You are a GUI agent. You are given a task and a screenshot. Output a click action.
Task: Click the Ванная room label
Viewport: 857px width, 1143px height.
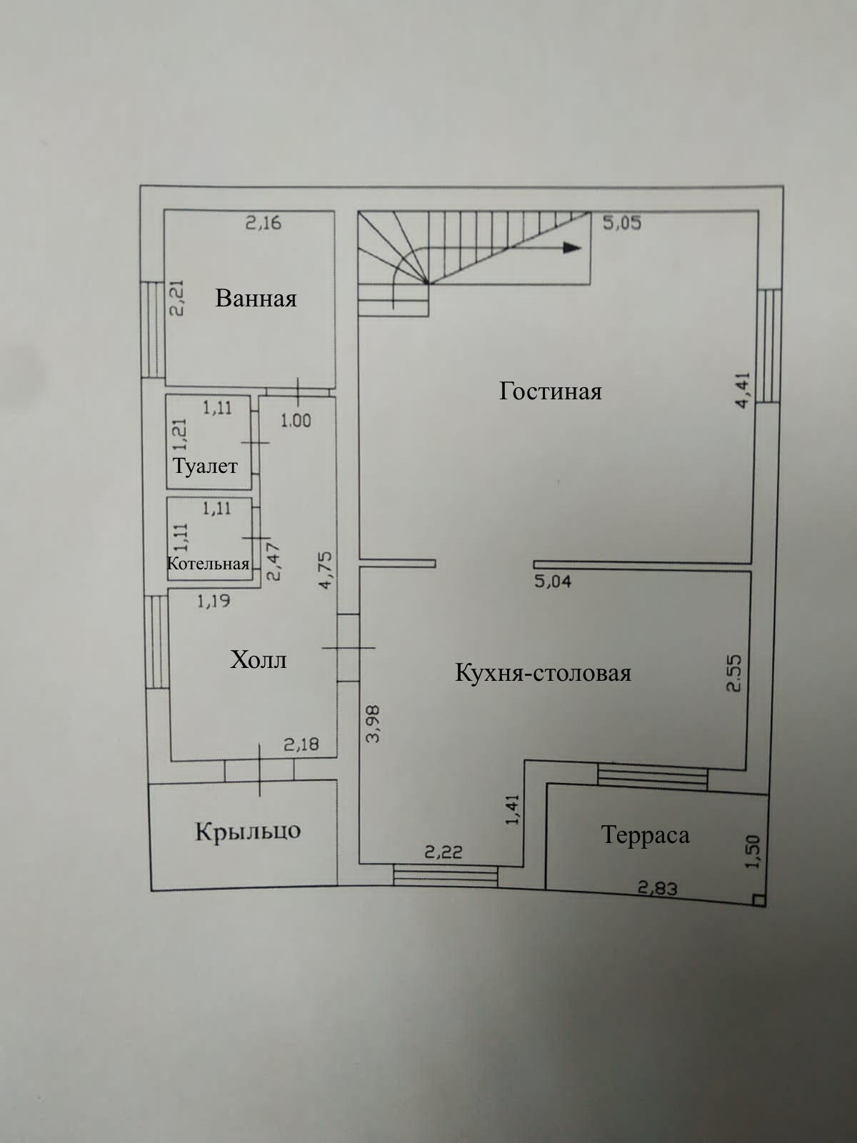[x=256, y=298]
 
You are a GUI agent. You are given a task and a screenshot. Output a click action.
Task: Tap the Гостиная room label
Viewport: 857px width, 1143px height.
[x=550, y=391]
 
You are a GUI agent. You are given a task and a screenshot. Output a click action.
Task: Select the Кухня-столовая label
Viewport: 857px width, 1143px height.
[x=543, y=673]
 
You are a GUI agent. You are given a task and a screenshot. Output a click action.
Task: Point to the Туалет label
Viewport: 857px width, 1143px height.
[x=205, y=466]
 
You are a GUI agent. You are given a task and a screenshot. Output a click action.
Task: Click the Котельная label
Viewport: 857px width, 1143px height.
[x=208, y=563]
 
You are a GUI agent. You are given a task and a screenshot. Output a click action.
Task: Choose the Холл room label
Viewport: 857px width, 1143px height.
[x=258, y=659]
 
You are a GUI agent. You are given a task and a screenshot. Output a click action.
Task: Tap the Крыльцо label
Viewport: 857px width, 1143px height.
[x=248, y=831]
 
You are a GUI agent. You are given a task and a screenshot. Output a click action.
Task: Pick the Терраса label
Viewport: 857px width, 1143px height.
[x=645, y=834]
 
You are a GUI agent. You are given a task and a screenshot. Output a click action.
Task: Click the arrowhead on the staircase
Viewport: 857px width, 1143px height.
[x=571, y=247]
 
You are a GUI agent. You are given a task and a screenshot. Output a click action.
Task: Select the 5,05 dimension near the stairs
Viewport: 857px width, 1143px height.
[x=622, y=222]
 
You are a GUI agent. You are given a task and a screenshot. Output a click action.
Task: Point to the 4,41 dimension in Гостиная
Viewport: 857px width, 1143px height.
[x=743, y=389]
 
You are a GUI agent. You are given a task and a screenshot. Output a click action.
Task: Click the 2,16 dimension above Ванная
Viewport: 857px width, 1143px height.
[x=264, y=223]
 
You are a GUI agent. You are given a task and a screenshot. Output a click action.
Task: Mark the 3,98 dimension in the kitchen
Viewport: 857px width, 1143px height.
[x=373, y=724]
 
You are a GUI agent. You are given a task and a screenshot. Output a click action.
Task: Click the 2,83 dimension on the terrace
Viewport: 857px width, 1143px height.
[x=657, y=888]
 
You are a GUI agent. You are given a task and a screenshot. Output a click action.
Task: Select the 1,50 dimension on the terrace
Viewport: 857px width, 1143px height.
[x=753, y=852]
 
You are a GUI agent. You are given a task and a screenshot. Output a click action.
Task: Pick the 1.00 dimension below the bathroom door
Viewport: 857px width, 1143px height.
[x=295, y=420]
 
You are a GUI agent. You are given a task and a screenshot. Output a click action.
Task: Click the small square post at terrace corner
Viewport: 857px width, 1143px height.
[x=758, y=900]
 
